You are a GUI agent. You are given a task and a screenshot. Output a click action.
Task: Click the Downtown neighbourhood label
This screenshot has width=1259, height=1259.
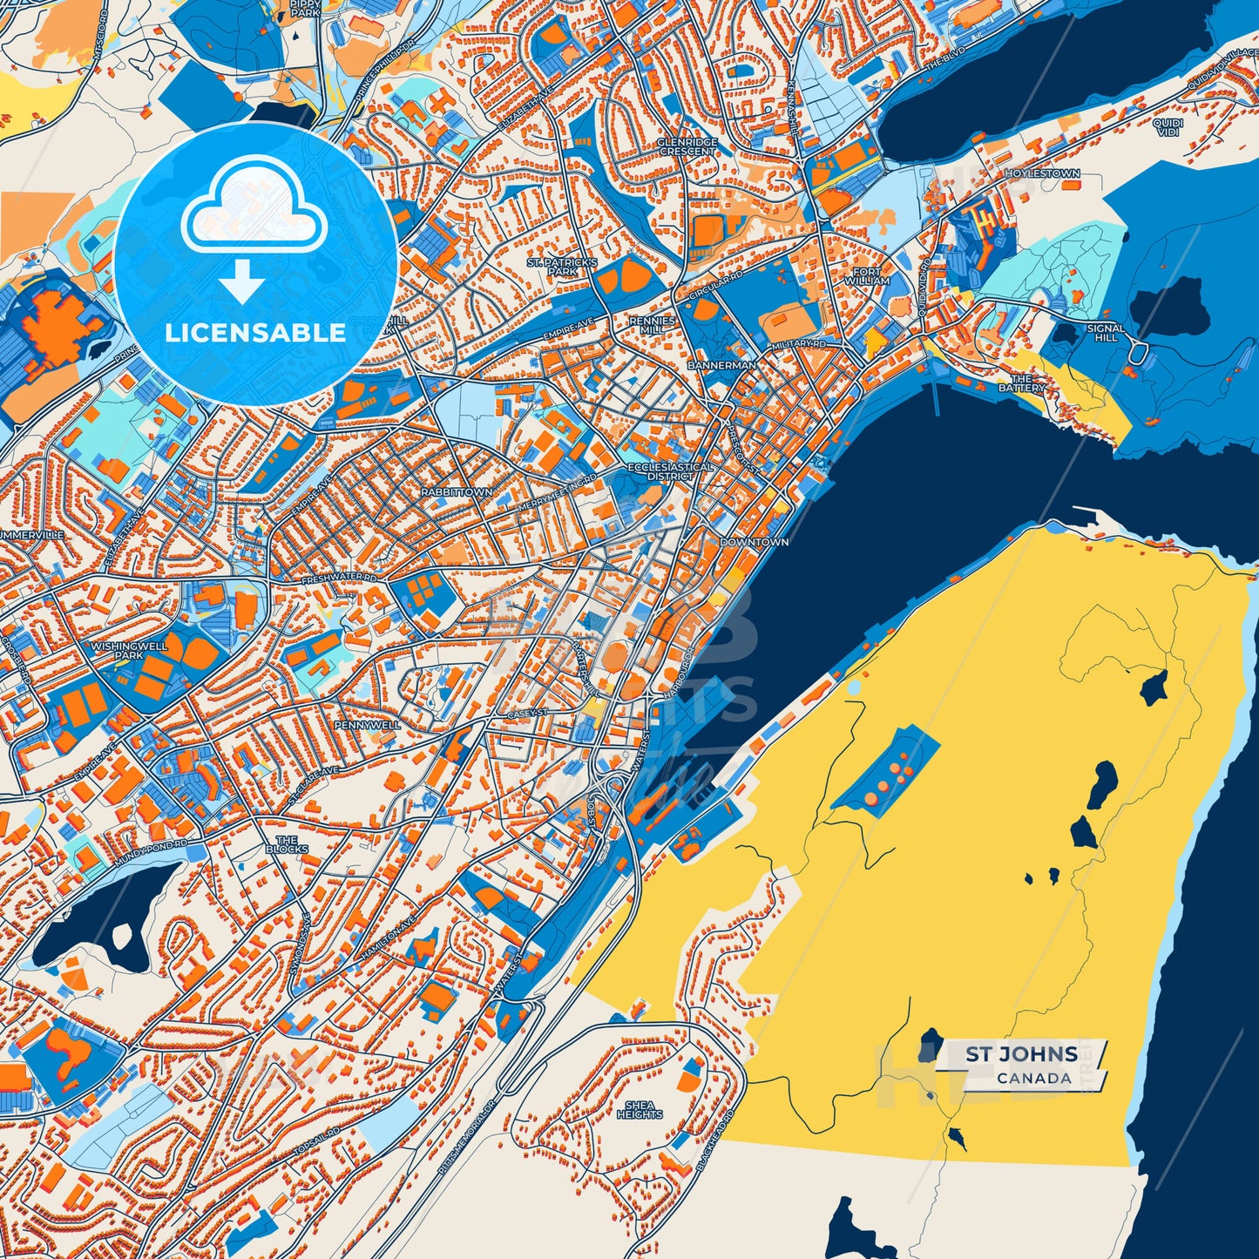pyautogui.click(x=755, y=542)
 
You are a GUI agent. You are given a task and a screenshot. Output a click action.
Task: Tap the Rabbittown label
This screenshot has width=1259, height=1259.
pyautogui.click(x=457, y=492)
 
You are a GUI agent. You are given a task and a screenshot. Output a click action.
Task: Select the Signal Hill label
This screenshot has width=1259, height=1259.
pyautogui.click(x=1106, y=333)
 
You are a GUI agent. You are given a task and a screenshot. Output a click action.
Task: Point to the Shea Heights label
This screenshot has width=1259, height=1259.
pyautogui.click(x=640, y=1110)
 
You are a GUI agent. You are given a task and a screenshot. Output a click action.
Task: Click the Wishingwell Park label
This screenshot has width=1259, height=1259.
pyautogui.click(x=128, y=650)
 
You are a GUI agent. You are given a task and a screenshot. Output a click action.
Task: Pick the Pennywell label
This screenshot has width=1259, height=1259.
pyautogui.click(x=368, y=725)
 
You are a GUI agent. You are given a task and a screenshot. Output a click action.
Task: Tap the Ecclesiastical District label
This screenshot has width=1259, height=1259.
pyautogui.click(x=671, y=471)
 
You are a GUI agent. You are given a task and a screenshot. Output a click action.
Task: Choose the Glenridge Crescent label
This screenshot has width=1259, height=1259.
pyautogui.click(x=687, y=146)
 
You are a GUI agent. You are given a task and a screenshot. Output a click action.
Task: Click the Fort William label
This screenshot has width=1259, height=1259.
pyautogui.click(x=867, y=276)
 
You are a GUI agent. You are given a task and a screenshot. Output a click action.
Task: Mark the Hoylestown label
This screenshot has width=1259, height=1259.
pyautogui.click(x=1042, y=173)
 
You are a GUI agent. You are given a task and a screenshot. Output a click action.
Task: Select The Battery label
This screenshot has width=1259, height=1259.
pyautogui.click(x=1021, y=383)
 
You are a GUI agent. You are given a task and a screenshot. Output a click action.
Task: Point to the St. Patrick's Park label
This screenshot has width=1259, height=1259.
pyautogui.click(x=562, y=267)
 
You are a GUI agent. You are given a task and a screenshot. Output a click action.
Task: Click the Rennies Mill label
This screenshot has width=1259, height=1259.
pyautogui.click(x=652, y=326)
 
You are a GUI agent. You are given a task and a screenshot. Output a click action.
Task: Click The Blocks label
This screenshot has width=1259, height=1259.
pyautogui.click(x=287, y=843)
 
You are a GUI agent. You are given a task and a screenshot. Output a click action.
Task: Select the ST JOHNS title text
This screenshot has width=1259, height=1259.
pyautogui.click(x=1021, y=1055)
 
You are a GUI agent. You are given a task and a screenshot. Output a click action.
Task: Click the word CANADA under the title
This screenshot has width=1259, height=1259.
pyautogui.click(x=1034, y=1079)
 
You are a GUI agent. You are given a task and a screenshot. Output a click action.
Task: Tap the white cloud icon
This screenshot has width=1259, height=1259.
pyautogui.click(x=254, y=209)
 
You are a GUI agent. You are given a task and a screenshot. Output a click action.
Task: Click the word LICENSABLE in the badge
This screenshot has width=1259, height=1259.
pyautogui.click(x=255, y=333)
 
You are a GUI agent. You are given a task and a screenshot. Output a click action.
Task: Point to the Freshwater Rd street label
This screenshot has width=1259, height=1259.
pyautogui.click(x=339, y=579)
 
